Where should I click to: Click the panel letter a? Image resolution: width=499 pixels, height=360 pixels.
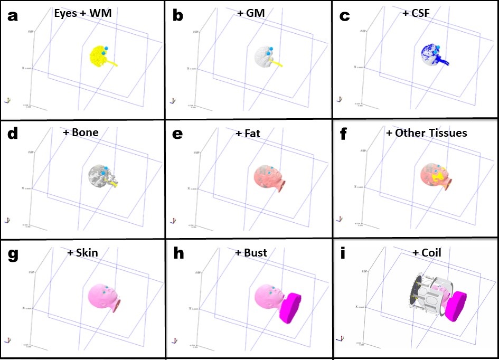click(x=12, y=16)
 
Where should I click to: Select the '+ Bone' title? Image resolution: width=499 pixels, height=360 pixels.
click(x=80, y=132)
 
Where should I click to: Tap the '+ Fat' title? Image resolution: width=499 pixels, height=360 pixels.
click(x=248, y=134)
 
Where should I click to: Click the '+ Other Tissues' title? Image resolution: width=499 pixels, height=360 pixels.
click(x=426, y=132)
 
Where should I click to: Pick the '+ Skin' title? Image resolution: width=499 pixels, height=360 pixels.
click(x=82, y=253)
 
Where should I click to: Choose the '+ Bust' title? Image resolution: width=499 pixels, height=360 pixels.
click(x=251, y=253)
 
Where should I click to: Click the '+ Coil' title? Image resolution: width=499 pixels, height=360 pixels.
click(x=426, y=253)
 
